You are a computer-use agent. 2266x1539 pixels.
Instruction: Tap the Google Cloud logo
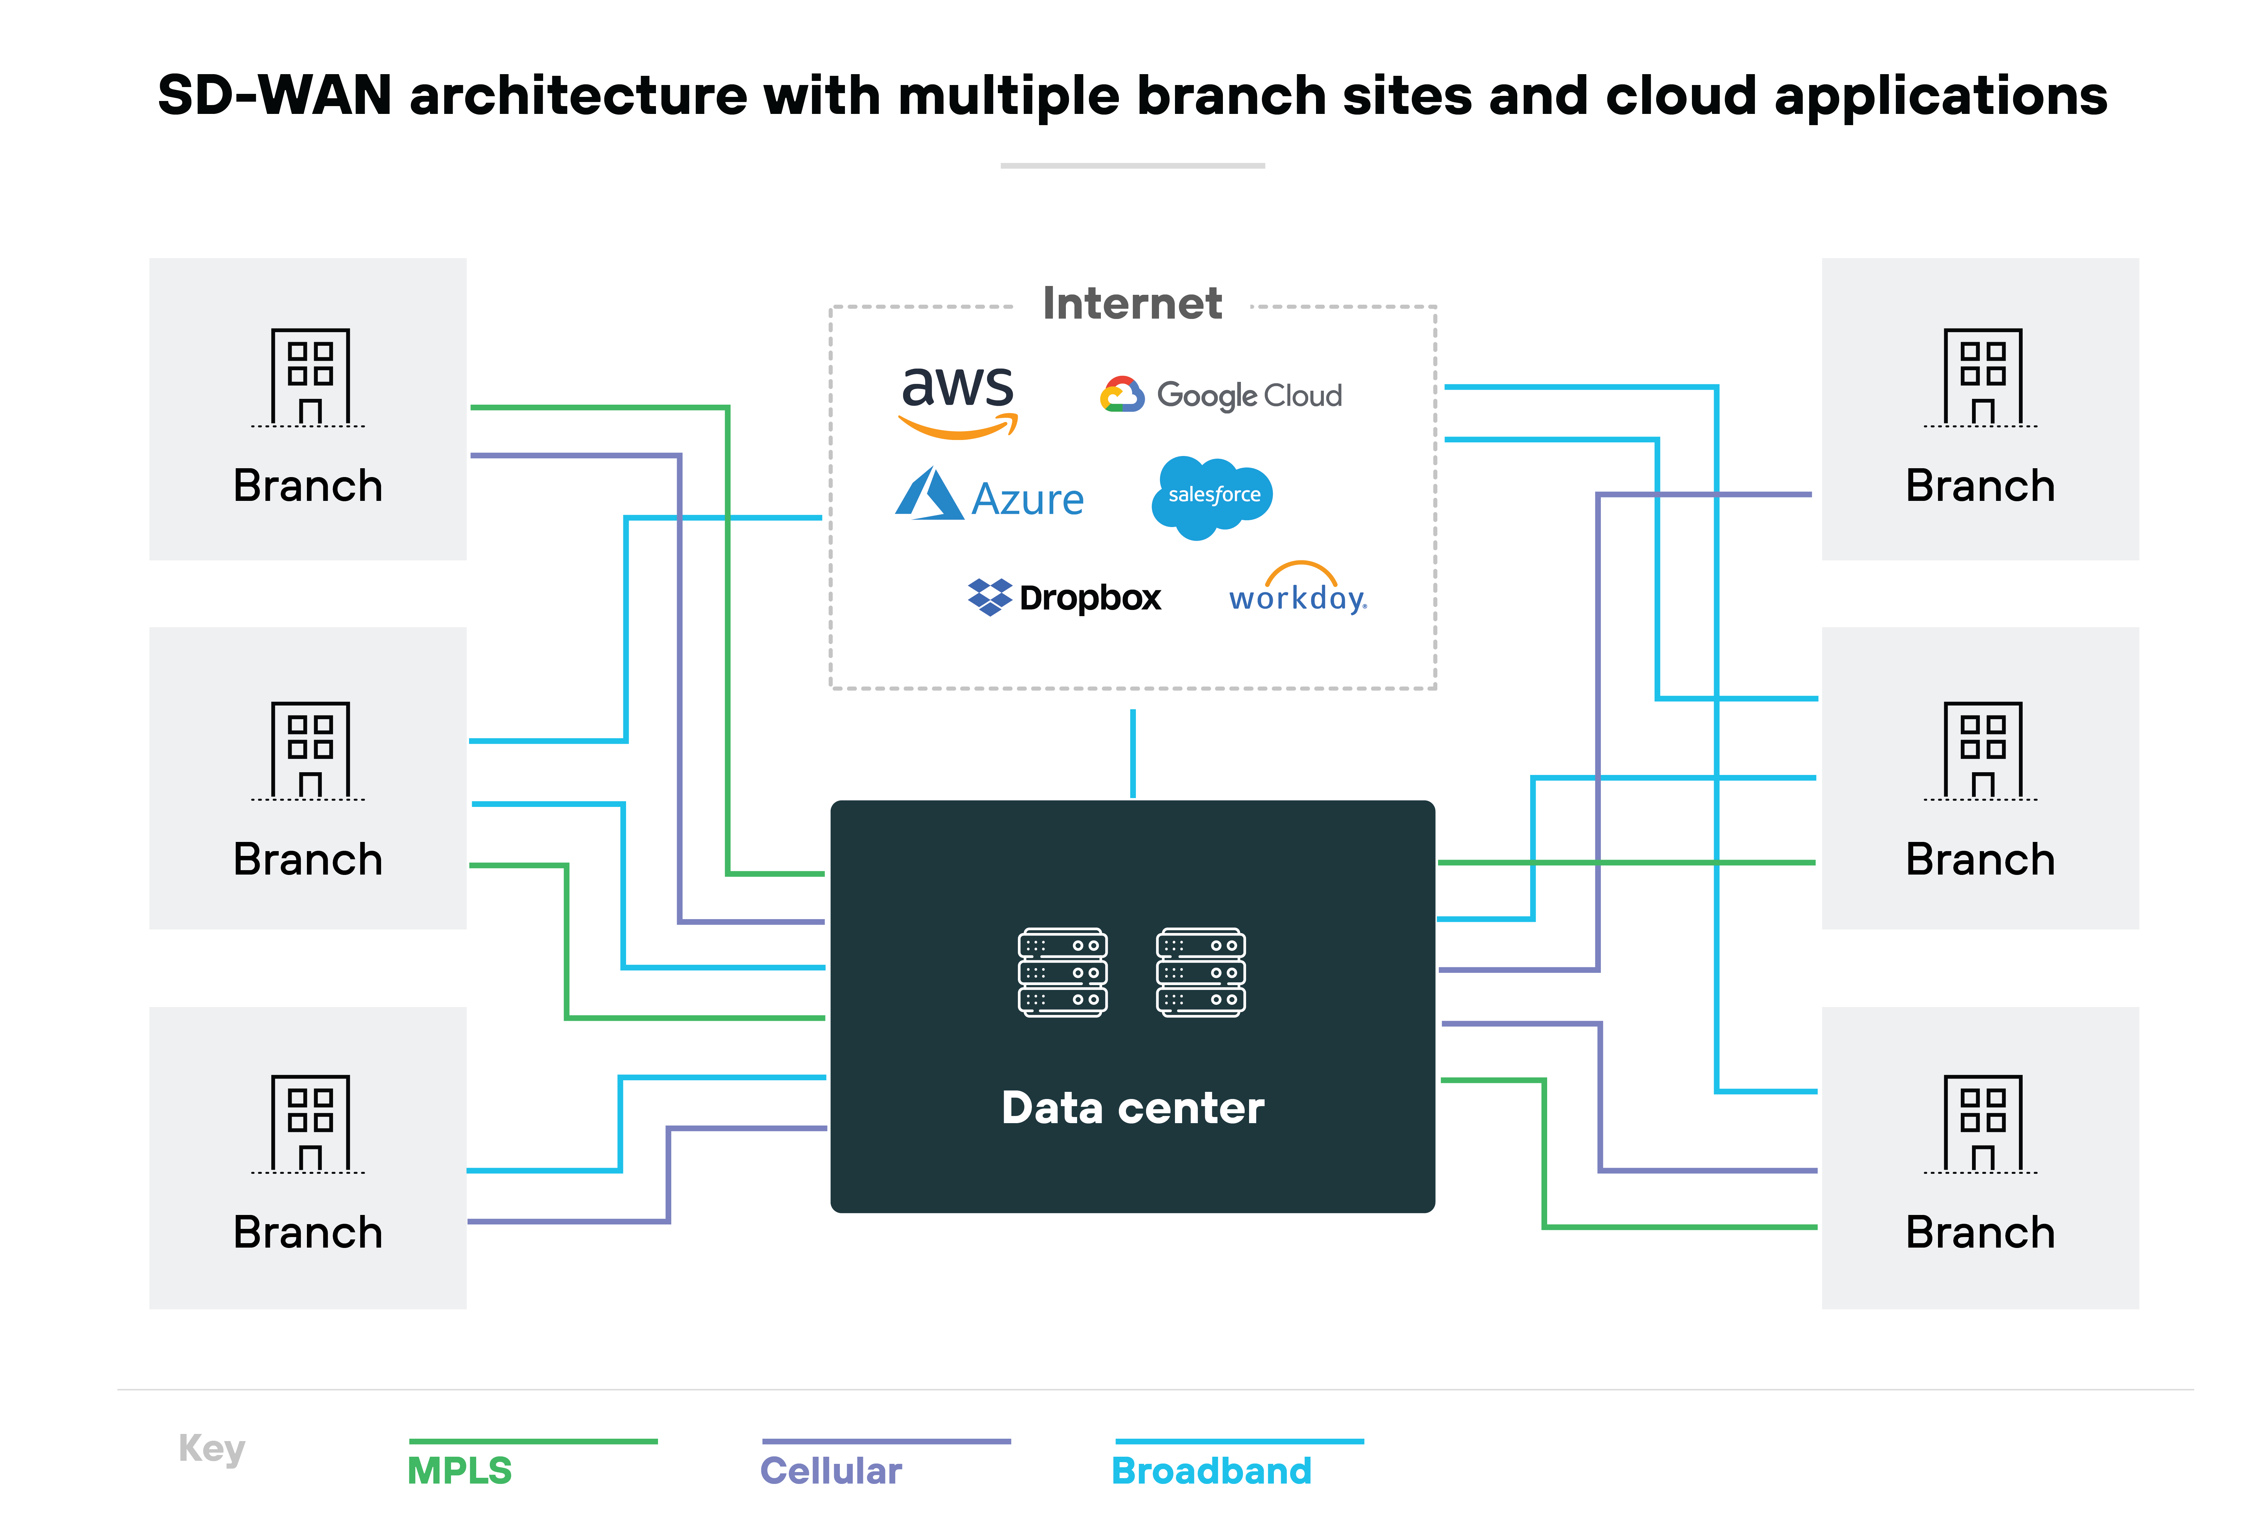pos(1221,395)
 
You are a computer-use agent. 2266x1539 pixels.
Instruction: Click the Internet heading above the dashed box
pos(1132,303)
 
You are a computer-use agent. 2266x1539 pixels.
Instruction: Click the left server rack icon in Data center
pos(1063,973)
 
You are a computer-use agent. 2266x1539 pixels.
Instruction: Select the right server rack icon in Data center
pos(1200,973)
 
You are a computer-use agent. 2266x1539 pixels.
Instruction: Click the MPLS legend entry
pos(459,1470)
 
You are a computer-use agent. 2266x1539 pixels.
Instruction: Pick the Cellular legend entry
pos(831,1470)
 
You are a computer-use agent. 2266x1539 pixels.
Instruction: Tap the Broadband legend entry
pos(1211,1470)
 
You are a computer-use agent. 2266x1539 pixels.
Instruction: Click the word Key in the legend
pos(212,1448)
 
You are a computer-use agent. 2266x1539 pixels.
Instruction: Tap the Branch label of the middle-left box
pos(308,859)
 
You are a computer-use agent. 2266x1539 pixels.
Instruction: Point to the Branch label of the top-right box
pos(1980,486)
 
